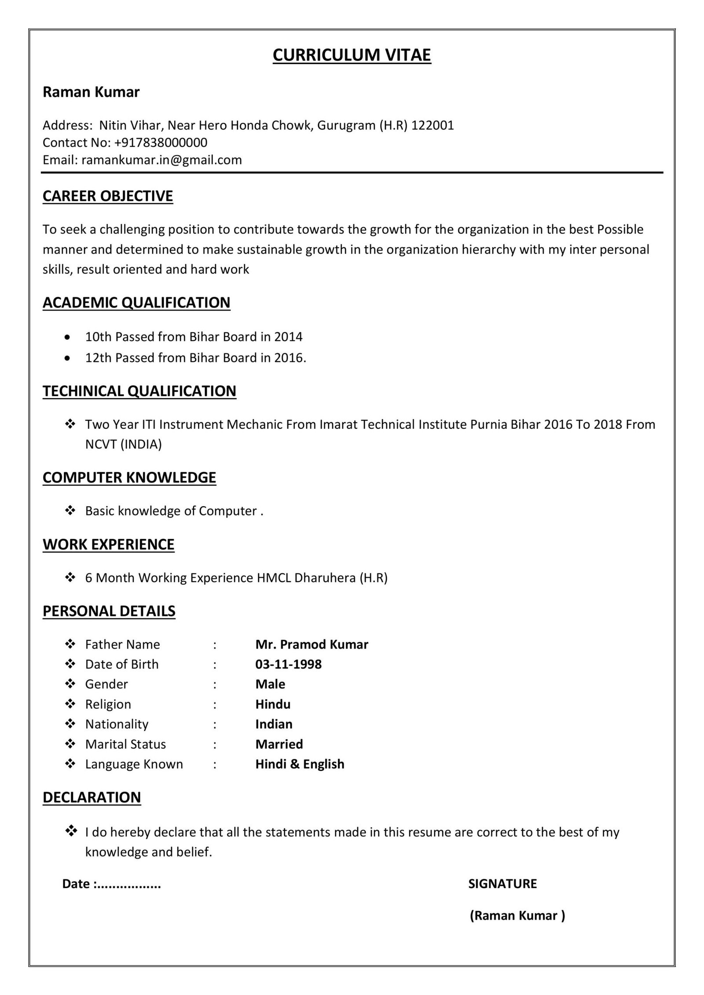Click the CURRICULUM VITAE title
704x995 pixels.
coord(352,55)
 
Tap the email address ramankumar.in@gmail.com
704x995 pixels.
coord(161,160)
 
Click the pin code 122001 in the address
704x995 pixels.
coord(432,125)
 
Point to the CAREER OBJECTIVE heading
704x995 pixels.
coord(108,196)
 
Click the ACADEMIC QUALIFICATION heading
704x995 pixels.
coord(136,303)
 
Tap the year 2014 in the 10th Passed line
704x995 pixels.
coord(288,337)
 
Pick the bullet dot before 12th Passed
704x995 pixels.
coord(67,358)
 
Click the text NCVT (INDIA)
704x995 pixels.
coord(124,444)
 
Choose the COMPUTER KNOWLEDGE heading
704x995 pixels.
coord(129,477)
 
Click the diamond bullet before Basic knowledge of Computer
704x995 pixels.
coord(70,510)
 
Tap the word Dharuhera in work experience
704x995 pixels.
coord(325,577)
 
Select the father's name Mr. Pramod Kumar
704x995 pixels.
coord(312,644)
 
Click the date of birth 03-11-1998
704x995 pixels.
coord(288,664)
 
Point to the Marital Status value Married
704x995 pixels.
coord(279,744)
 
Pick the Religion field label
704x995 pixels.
coord(108,704)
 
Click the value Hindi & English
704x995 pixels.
coord(300,764)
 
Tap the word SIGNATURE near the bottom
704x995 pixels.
coord(502,884)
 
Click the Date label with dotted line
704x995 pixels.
coord(112,884)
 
